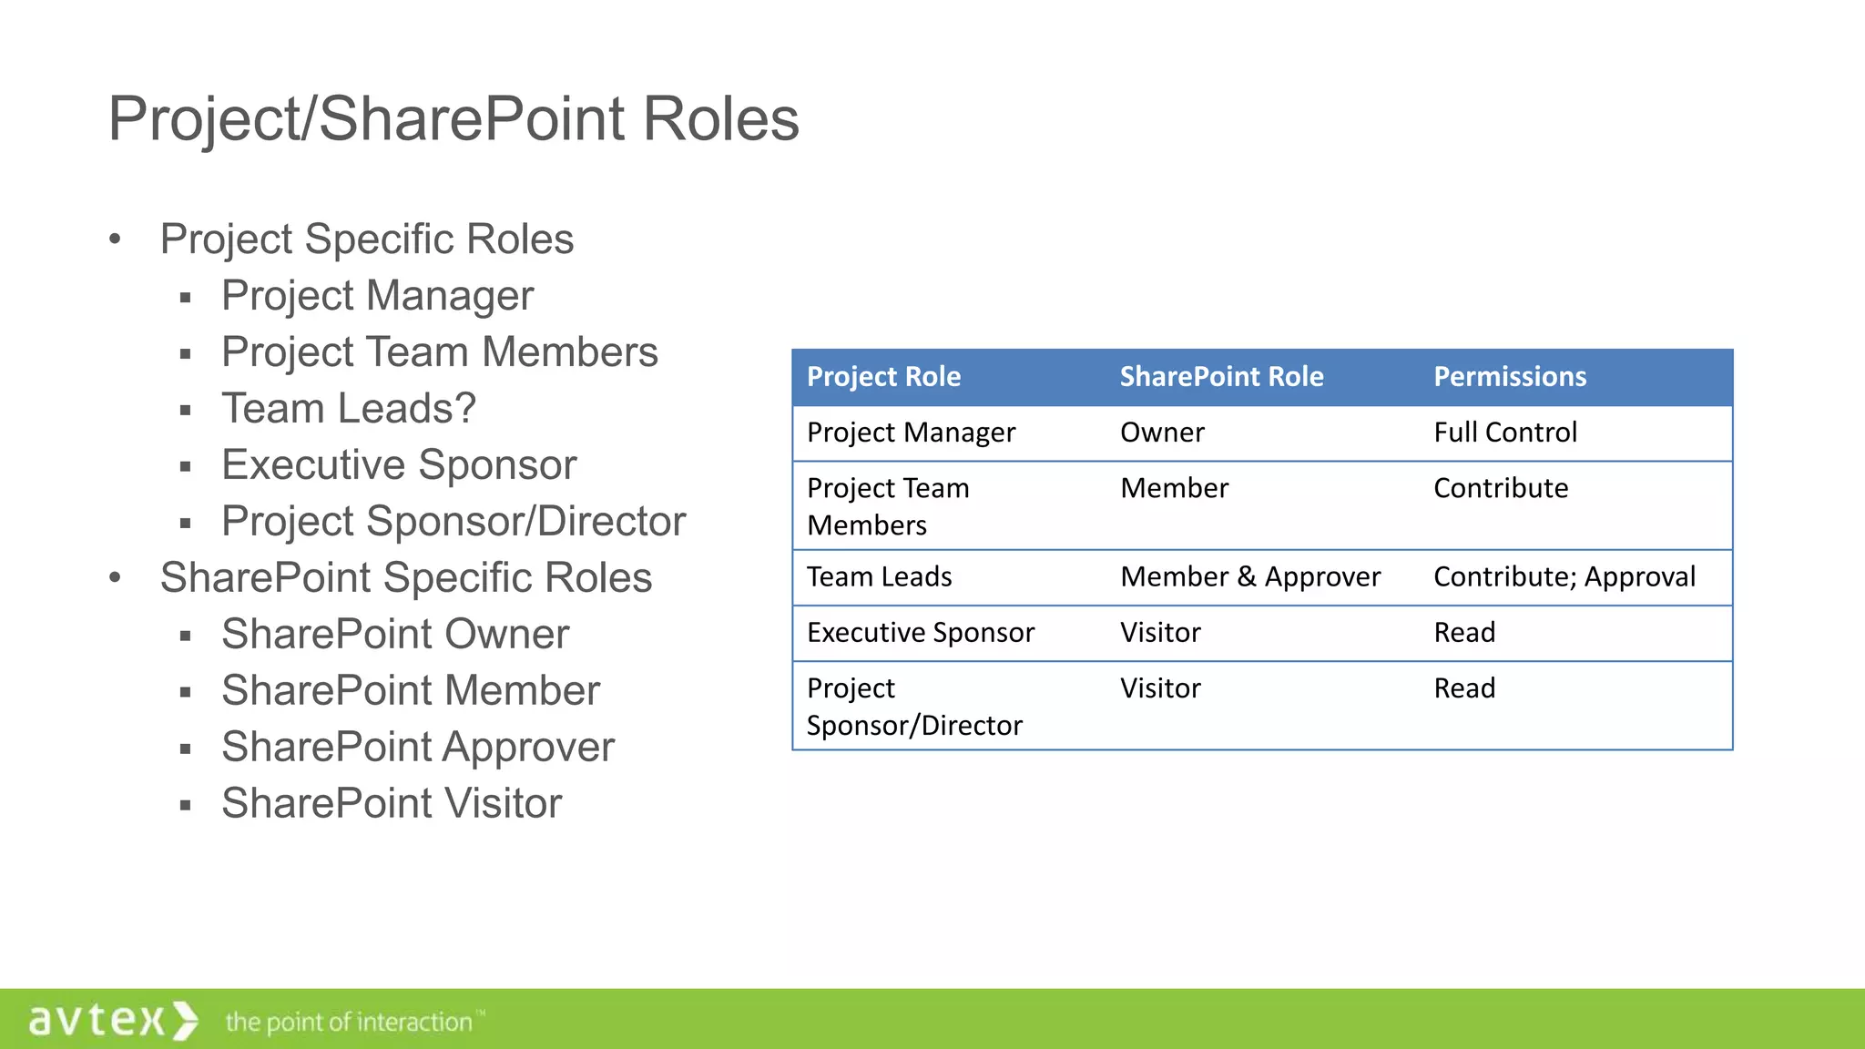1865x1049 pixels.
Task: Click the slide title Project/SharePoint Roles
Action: (x=453, y=119)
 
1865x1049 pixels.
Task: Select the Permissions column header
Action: (x=1509, y=377)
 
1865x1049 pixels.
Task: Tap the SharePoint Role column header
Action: (x=1220, y=377)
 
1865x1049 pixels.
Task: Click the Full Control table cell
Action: (x=1504, y=433)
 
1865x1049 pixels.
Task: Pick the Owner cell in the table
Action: (x=1162, y=433)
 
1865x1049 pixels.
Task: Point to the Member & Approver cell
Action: (x=1249, y=577)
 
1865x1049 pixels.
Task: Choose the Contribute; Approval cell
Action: (x=1564, y=577)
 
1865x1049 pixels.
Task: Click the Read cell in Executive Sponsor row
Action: (x=1463, y=633)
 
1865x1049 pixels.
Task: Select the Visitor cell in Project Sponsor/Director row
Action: (x=1160, y=688)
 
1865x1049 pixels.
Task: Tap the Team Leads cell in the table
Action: (x=879, y=577)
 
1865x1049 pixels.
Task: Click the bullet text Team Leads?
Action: (x=349, y=409)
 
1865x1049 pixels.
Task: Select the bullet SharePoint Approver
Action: (x=418, y=748)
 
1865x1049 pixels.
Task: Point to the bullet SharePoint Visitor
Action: (x=392, y=804)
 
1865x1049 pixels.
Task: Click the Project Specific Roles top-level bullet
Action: (x=366, y=239)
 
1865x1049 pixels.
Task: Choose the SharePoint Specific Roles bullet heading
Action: (x=405, y=578)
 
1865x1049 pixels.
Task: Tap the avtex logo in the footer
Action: (x=112, y=1020)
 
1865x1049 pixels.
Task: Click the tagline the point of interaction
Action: (x=350, y=1023)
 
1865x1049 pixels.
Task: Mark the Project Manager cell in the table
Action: (x=911, y=433)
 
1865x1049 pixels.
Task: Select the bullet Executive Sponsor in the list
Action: (x=399, y=465)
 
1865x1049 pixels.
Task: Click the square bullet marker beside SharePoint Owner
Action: (x=186, y=637)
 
